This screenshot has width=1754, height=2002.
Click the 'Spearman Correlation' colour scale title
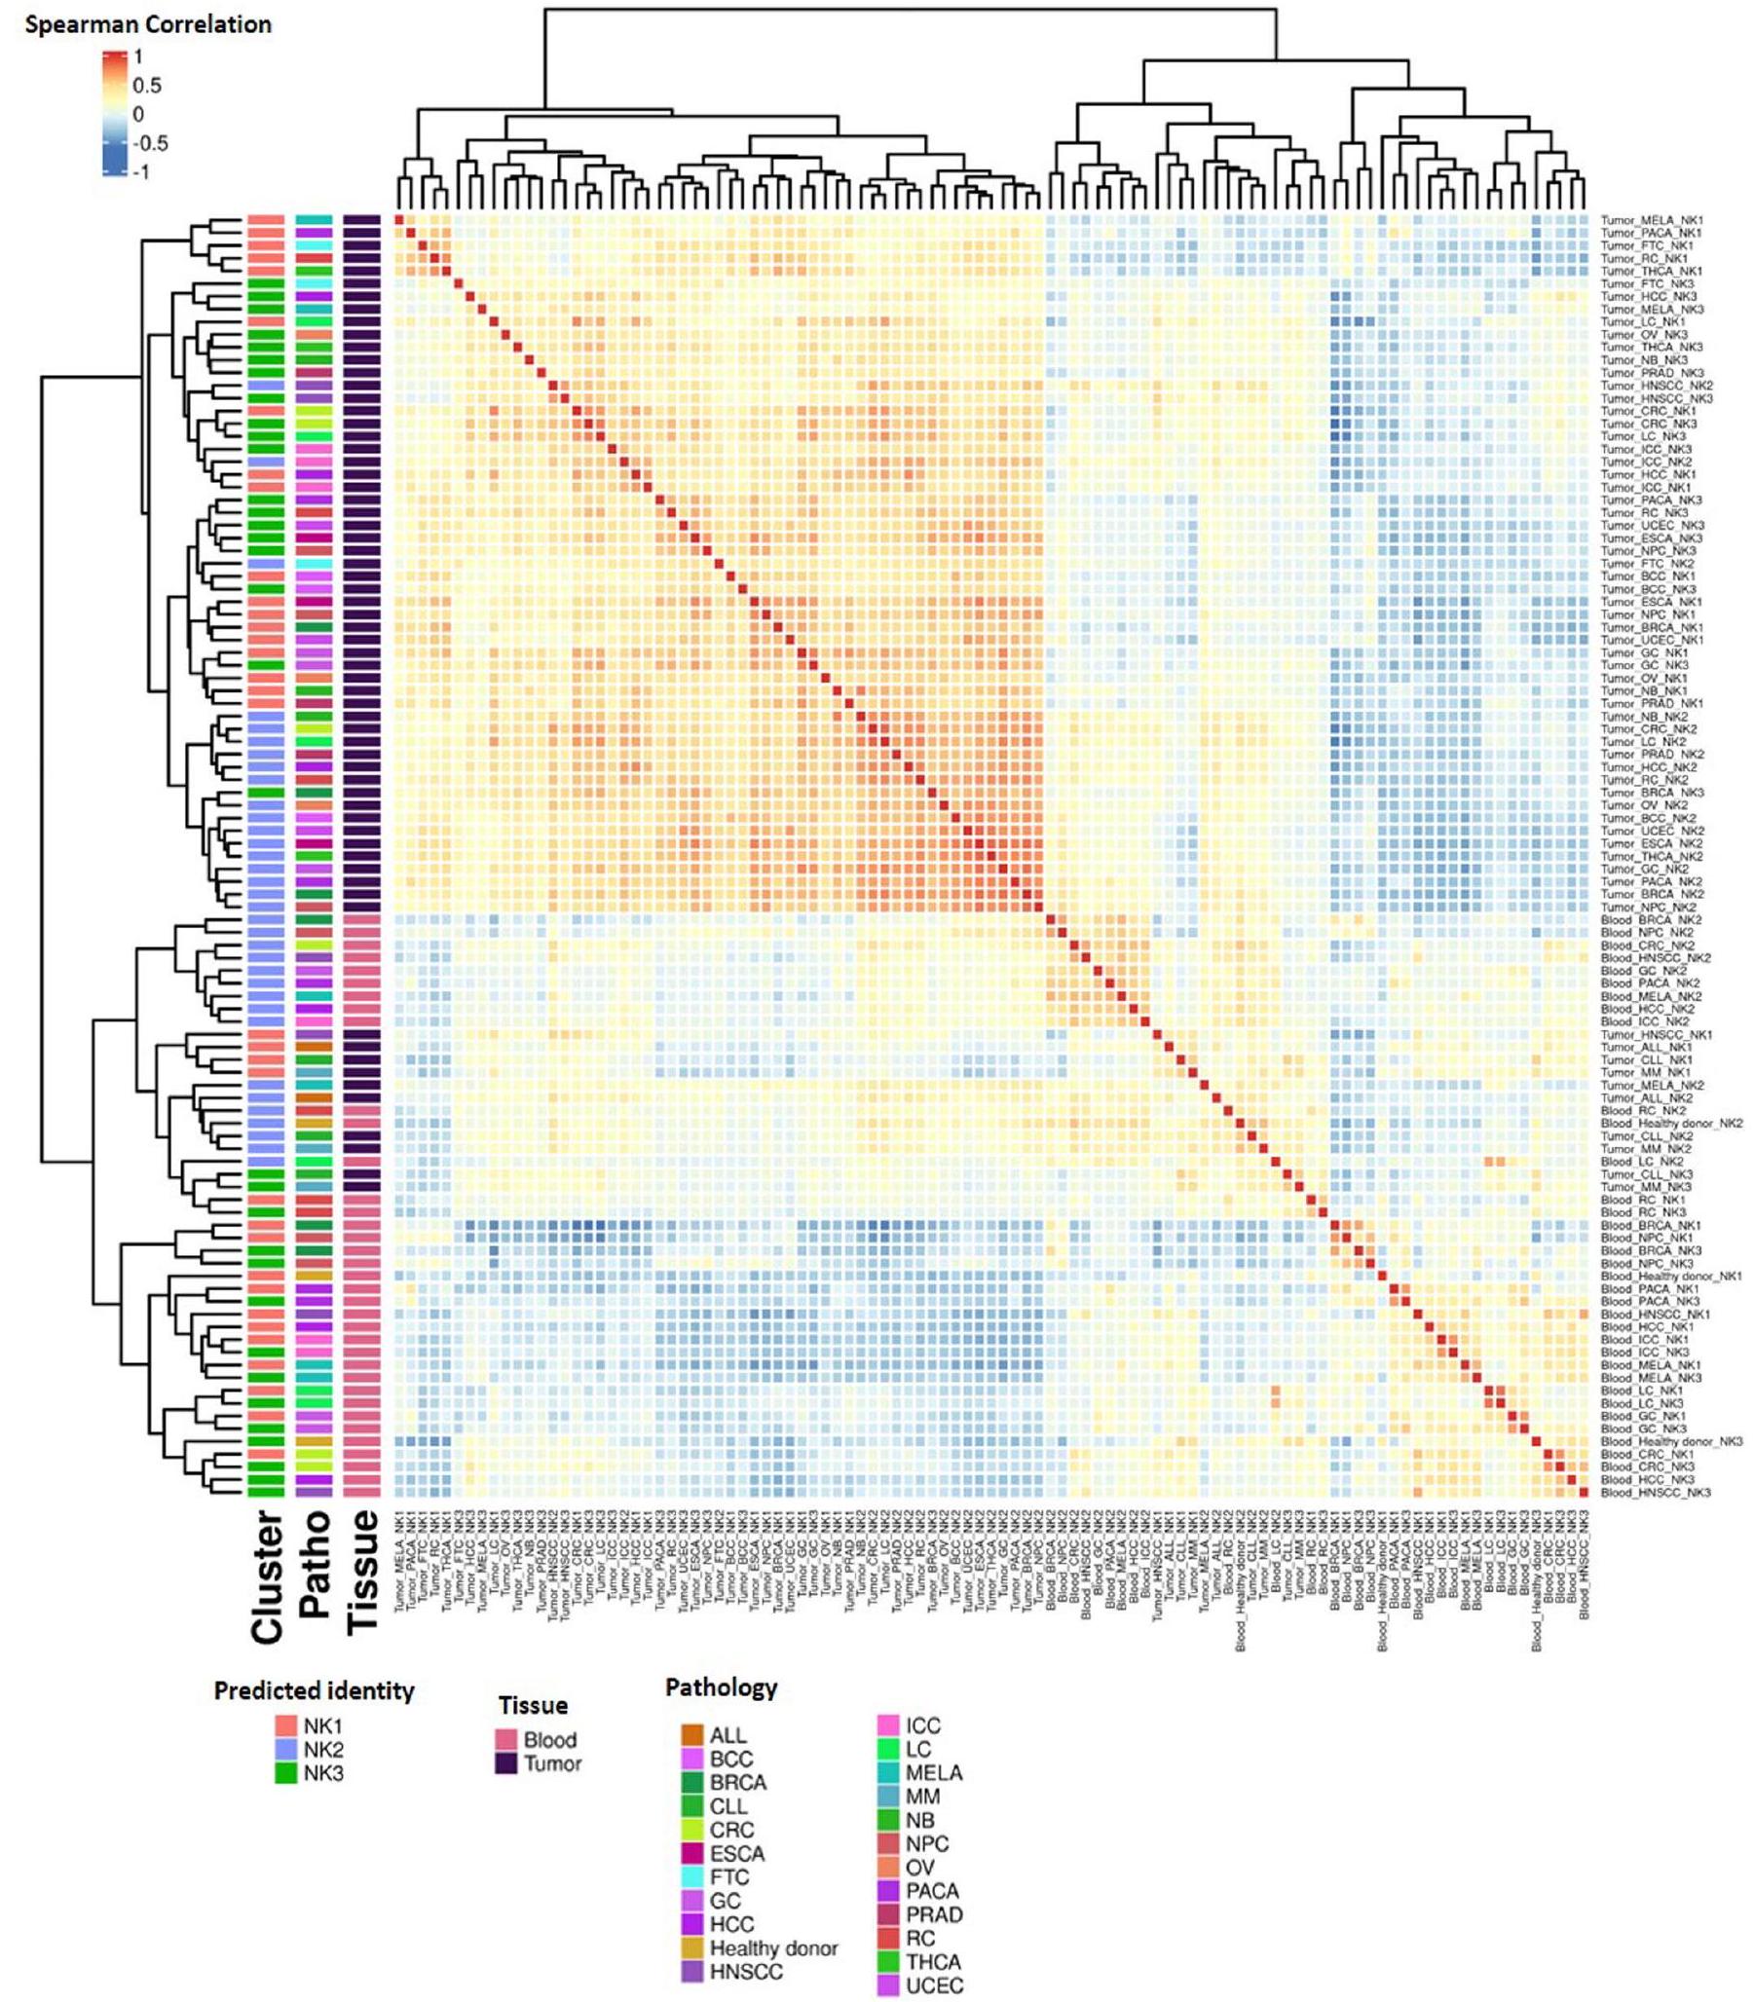pos(148,24)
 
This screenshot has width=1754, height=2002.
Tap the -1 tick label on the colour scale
pos(143,172)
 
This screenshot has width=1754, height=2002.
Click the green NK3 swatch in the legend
pos(285,1773)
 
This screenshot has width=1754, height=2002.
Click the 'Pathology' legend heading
pos(721,1687)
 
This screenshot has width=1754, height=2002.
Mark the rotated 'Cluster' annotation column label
pos(266,1576)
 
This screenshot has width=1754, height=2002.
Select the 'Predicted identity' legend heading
pos(315,1690)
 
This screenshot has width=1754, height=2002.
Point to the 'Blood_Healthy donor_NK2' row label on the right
pos(1672,1124)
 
